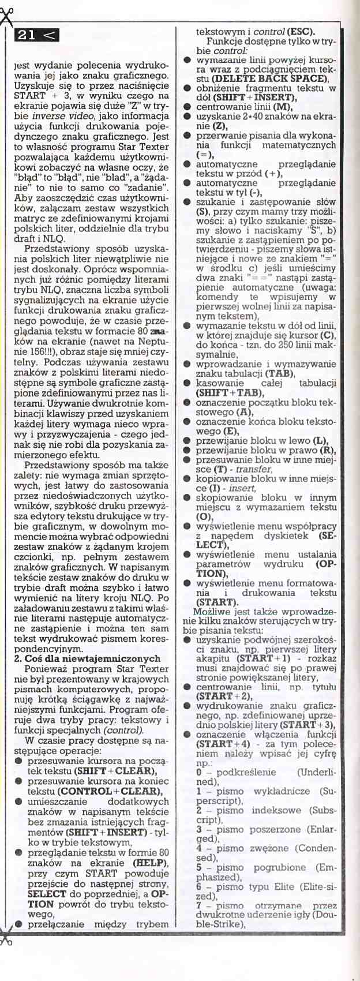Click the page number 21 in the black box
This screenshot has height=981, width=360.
click(x=27, y=35)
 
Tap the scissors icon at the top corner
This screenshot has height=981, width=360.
click(x=6, y=17)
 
